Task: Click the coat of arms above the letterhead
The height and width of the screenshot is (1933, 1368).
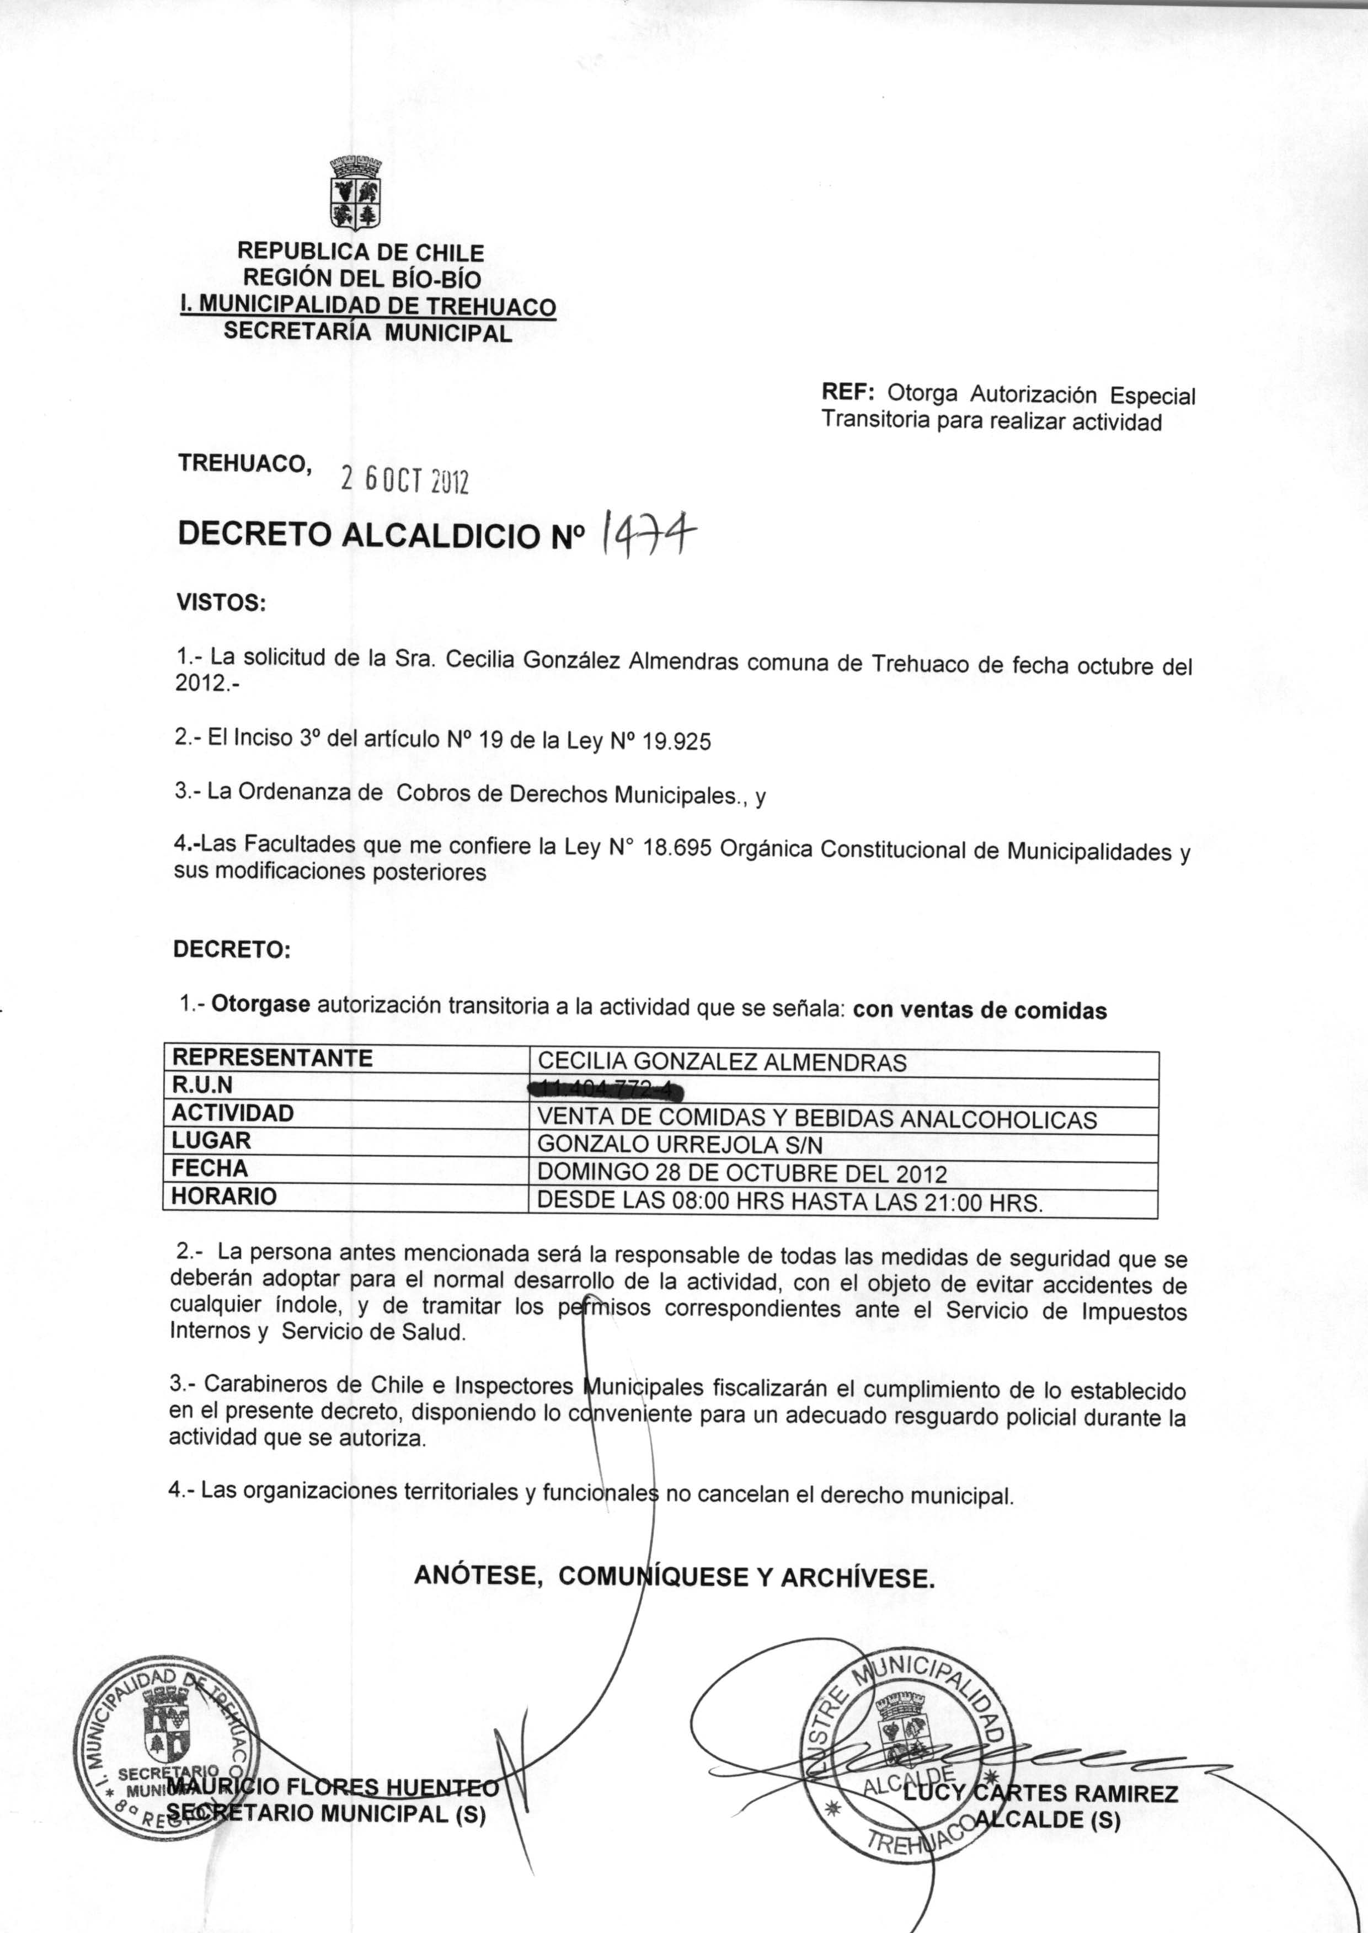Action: (x=355, y=193)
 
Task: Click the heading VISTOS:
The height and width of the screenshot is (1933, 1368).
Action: (x=221, y=603)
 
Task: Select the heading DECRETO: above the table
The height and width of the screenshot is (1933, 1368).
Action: (x=232, y=949)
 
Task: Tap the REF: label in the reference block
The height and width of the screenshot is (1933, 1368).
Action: (x=848, y=392)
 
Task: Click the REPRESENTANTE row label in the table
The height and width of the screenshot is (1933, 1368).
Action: (x=272, y=1058)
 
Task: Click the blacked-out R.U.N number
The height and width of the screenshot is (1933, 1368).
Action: (x=604, y=1091)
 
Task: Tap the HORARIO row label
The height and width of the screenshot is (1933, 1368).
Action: (x=224, y=1196)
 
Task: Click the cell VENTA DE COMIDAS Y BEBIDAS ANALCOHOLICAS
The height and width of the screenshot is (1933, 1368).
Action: (x=816, y=1119)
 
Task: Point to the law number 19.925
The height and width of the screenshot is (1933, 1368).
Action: (x=676, y=742)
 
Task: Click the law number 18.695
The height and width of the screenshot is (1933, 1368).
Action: (x=678, y=847)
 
